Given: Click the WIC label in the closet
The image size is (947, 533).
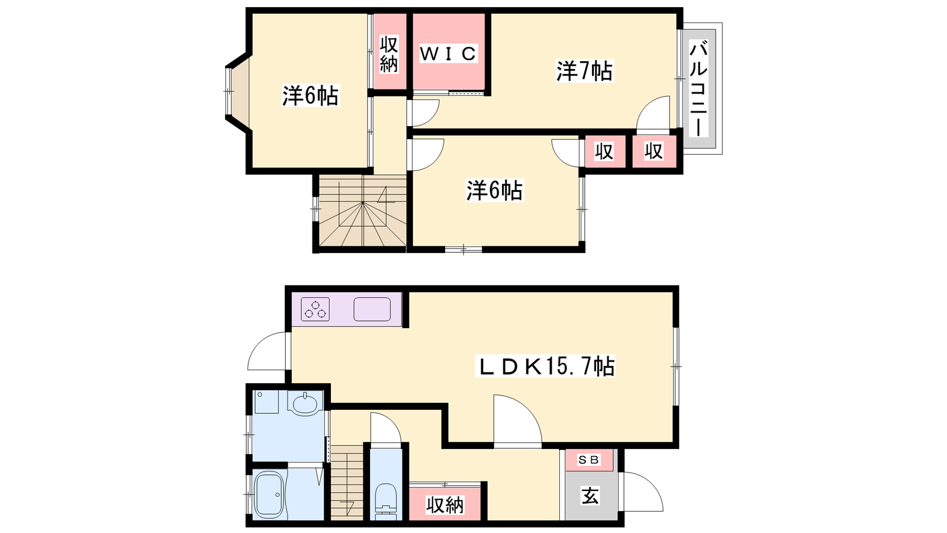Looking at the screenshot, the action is pyautogui.click(x=448, y=54).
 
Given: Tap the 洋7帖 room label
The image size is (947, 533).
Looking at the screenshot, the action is pyautogui.click(x=584, y=71).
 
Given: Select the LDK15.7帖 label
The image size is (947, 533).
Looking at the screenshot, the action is pyautogui.click(x=545, y=366).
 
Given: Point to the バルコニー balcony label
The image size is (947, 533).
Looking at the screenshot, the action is pyautogui.click(x=698, y=88).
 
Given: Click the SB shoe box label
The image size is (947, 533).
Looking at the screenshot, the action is pyautogui.click(x=588, y=460).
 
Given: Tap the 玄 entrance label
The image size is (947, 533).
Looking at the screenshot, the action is pyautogui.click(x=590, y=496).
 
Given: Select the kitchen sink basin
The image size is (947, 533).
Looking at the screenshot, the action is pyautogui.click(x=372, y=309).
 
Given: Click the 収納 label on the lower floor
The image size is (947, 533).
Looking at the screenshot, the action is pyautogui.click(x=444, y=505).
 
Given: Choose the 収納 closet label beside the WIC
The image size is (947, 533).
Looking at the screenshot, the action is pyautogui.click(x=389, y=54).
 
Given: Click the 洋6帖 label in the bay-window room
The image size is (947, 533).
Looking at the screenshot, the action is pyautogui.click(x=311, y=95).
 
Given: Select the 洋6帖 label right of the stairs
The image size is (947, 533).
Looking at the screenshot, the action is pyautogui.click(x=495, y=190).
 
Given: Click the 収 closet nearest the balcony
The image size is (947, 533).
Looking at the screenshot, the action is pyautogui.click(x=653, y=151).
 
